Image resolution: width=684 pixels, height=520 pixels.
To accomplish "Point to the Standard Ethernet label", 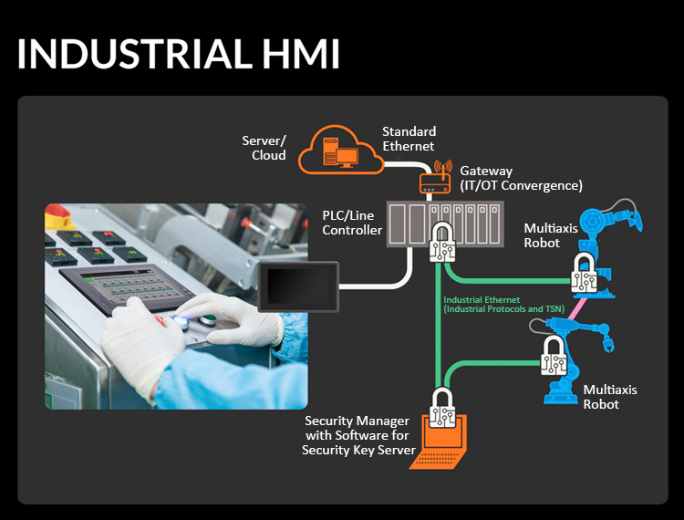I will (x=409, y=139).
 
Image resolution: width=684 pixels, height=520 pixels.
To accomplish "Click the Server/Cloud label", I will (x=264, y=148).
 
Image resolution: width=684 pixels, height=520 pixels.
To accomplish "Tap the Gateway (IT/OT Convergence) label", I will (x=521, y=178).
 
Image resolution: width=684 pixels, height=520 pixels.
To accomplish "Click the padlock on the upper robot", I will (x=585, y=274).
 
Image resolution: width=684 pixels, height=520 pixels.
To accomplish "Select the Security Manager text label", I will (x=358, y=435).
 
